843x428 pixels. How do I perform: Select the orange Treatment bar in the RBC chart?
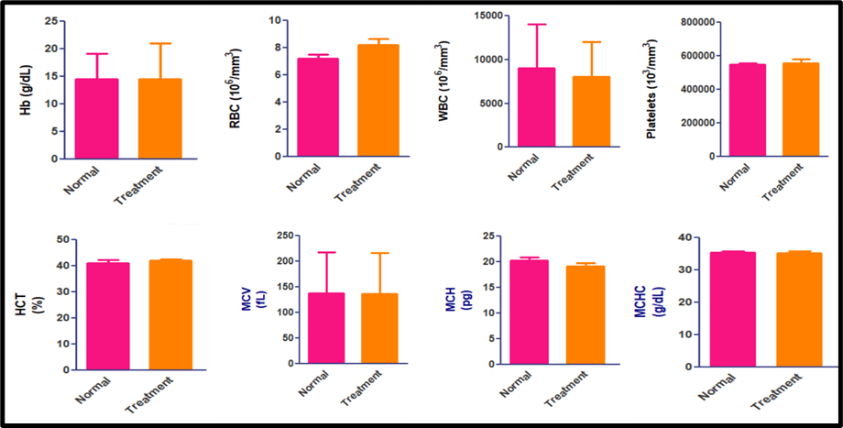377,101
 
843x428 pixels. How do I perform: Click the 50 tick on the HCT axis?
61,239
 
